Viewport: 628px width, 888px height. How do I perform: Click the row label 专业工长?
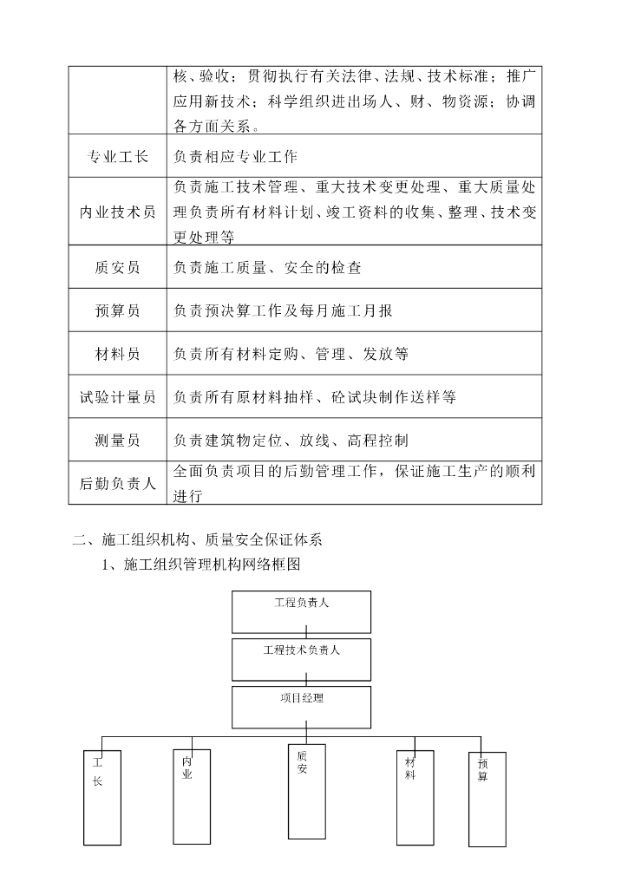(x=117, y=157)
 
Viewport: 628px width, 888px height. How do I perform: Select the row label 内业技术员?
(x=117, y=212)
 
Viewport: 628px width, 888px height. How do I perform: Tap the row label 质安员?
(x=117, y=268)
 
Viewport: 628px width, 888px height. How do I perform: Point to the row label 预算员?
(x=117, y=310)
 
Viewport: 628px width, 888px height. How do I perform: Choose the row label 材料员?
(x=117, y=354)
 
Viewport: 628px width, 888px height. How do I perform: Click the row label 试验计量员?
(x=117, y=397)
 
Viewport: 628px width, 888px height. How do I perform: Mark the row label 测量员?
(x=117, y=441)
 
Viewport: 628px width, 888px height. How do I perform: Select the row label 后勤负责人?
(x=117, y=484)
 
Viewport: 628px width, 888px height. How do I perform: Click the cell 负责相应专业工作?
(x=236, y=157)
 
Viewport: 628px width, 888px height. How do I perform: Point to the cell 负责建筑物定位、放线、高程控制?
(x=291, y=441)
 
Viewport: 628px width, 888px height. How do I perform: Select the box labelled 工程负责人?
(x=301, y=611)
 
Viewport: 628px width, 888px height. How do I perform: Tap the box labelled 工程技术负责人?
(x=301, y=659)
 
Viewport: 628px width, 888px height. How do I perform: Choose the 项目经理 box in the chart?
(x=301, y=707)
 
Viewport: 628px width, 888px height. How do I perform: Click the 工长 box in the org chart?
(x=101, y=797)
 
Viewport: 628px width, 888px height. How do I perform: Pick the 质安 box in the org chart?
(x=306, y=790)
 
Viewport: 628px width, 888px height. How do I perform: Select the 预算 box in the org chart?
(x=487, y=799)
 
